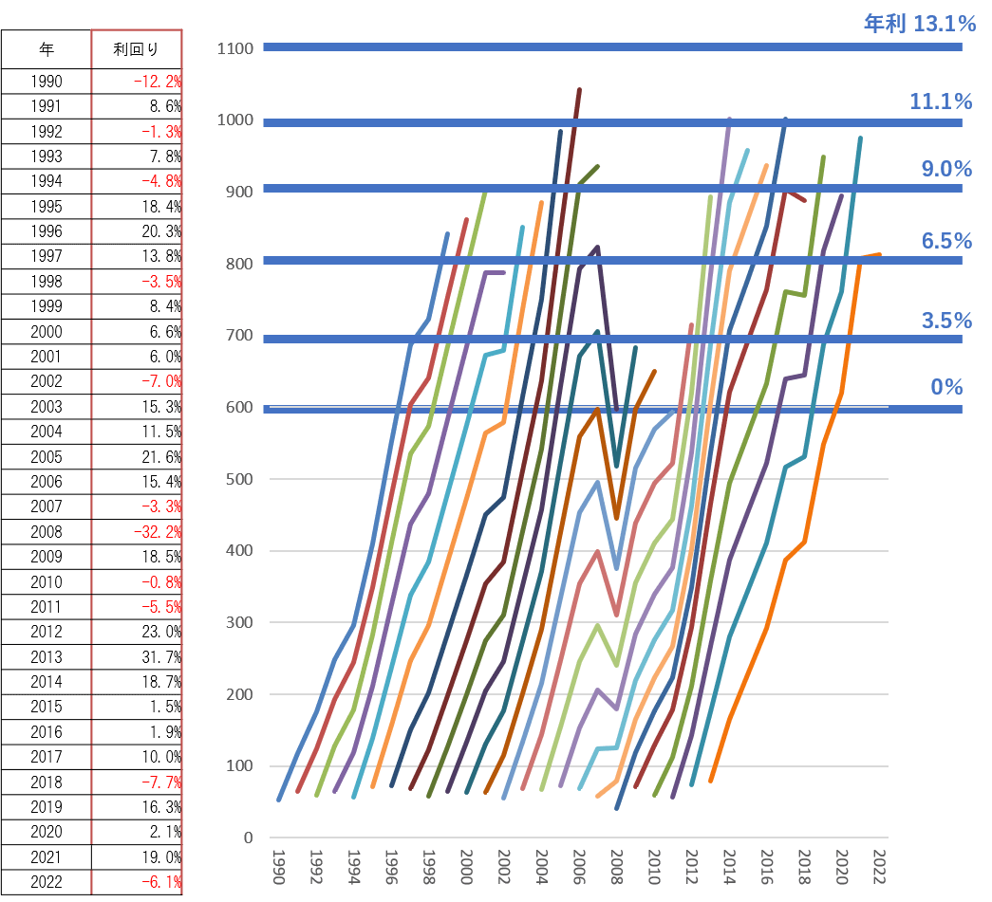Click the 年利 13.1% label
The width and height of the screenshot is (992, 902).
tap(919, 24)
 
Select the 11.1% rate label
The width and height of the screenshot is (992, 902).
tap(941, 101)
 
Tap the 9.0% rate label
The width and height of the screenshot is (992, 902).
tap(946, 169)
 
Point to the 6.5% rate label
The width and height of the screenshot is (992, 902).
tap(946, 240)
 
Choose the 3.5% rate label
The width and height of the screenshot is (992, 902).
tap(946, 321)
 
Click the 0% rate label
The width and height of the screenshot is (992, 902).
tap(946, 387)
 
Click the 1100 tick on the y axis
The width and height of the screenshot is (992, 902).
tap(234, 48)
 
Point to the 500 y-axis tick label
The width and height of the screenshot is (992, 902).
tap(238, 479)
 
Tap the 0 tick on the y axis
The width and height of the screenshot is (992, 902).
tap(248, 838)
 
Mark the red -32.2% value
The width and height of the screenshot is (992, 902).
tap(159, 532)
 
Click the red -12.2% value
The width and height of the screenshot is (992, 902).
tap(158, 82)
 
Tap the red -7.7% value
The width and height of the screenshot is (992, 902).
tap(161, 782)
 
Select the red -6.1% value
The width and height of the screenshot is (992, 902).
tap(161, 883)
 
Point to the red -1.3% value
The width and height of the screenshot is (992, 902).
tap(161, 132)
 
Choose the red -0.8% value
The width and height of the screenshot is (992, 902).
tap(161, 582)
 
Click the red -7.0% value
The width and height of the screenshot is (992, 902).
tap(161, 381)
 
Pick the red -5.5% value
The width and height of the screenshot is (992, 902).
tap(161, 607)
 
